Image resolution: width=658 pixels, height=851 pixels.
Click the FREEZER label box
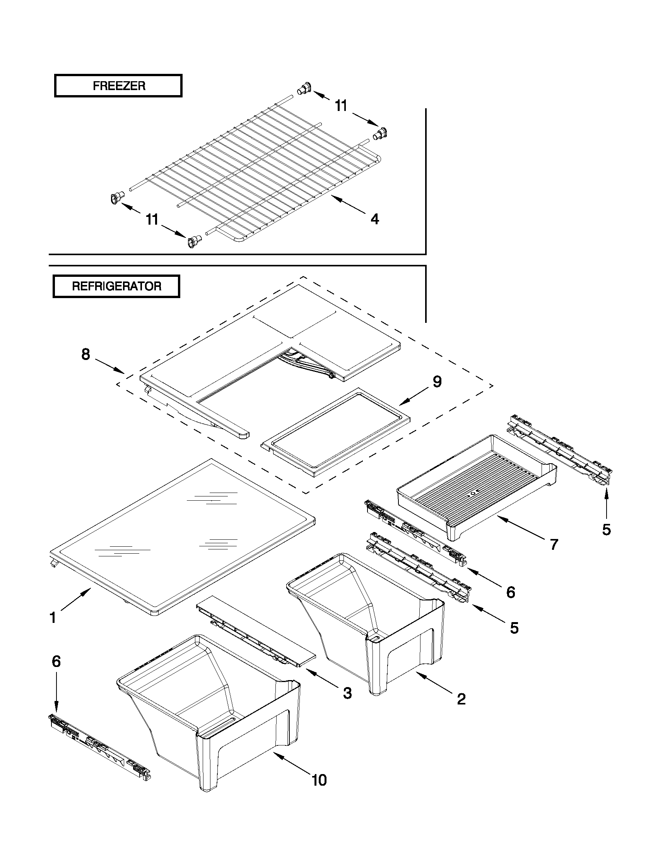point(118,86)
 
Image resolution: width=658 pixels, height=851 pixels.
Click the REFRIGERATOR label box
point(116,287)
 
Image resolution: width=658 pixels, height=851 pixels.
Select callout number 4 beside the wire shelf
point(374,219)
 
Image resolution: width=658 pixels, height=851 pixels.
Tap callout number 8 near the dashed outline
point(85,354)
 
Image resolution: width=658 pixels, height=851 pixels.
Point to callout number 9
point(437,382)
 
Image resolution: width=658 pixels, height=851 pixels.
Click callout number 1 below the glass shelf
point(53,618)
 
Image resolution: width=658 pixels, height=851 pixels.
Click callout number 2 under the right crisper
point(461,699)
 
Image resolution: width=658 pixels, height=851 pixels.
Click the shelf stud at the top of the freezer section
point(304,89)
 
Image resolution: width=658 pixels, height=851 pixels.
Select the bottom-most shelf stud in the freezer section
point(194,242)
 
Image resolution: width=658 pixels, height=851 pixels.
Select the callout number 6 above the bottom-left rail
point(56,661)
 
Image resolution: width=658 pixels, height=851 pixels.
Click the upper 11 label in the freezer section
point(341,106)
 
